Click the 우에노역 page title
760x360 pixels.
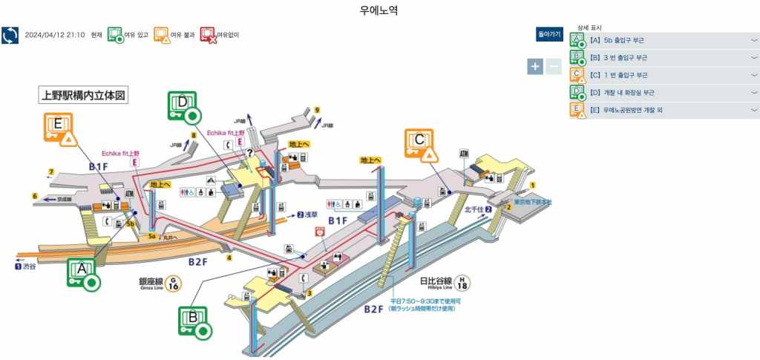(379, 10)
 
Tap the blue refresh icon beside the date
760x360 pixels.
(10, 35)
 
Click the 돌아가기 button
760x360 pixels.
(550, 34)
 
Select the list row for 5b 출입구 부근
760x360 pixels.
(664, 39)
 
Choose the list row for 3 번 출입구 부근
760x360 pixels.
(664, 57)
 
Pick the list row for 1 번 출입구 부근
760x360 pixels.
(664, 75)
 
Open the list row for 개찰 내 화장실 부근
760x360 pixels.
(664, 93)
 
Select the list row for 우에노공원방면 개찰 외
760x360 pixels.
(664, 111)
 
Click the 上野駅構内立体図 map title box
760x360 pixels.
(84, 96)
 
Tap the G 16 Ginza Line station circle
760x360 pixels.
(173, 283)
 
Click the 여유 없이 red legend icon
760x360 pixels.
(208, 35)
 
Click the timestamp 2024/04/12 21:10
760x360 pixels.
(54, 35)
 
